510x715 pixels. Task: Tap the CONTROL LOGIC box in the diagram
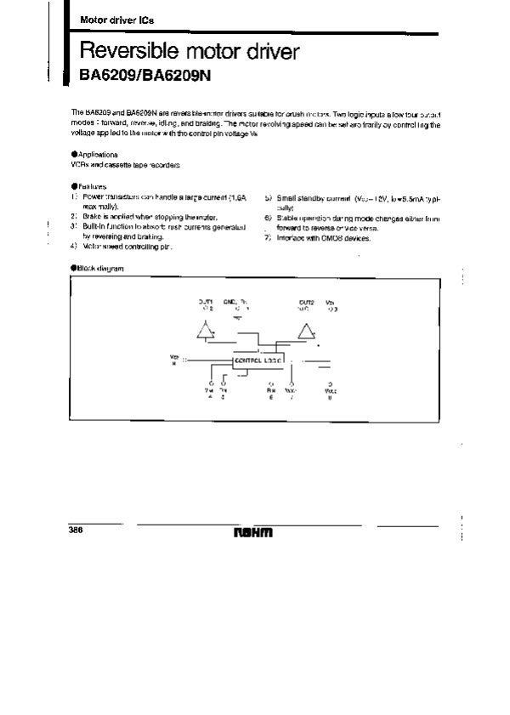pos(258,360)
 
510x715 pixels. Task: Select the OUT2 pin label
pos(306,302)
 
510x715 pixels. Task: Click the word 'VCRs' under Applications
pos(78,164)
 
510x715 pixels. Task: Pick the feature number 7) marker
pos(267,238)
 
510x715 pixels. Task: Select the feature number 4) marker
pos(74,246)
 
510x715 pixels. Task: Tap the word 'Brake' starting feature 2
pos(92,218)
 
